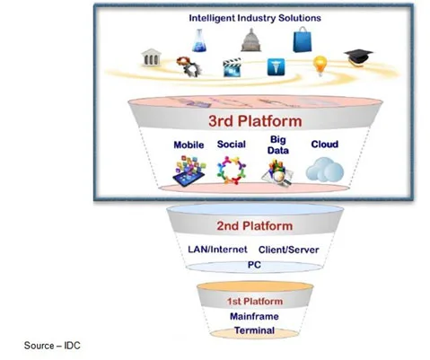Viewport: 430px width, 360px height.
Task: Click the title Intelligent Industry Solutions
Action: (x=255, y=18)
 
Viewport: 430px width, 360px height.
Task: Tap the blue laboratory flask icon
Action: (x=199, y=40)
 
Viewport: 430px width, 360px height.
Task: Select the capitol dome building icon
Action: (x=250, y=40)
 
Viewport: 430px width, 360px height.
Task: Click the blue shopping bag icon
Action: (x=303, y=40)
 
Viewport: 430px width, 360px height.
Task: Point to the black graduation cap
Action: (x=358, y=57)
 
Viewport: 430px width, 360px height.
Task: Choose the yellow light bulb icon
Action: (x=320, y=66)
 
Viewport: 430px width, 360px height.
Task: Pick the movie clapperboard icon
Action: (x=233, y=67)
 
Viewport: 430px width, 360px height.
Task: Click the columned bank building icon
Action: (x=151, y=57)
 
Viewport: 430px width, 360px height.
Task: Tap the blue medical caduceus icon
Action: (x=276, y=66)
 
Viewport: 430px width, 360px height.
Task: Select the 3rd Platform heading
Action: (x=255, y=121)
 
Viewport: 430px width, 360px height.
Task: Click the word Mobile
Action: (x=189, y=145)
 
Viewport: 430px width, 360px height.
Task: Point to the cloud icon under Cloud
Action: (x=325, y=170)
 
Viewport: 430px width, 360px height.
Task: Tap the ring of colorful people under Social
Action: (x=232, y=170)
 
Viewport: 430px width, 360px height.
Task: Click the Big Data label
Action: (x=278, y=145)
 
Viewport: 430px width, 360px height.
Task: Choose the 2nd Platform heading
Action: (x=255, y=226)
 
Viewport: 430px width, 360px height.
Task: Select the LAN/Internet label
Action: (x=217, y=250)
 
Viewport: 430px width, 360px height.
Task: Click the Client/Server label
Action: (x=289, y=250)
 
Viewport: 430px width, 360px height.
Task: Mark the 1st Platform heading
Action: (x=255, y=302)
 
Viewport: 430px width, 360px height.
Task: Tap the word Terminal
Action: (x=254, y=330)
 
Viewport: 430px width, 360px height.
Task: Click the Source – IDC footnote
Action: (x=52, y=346)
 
